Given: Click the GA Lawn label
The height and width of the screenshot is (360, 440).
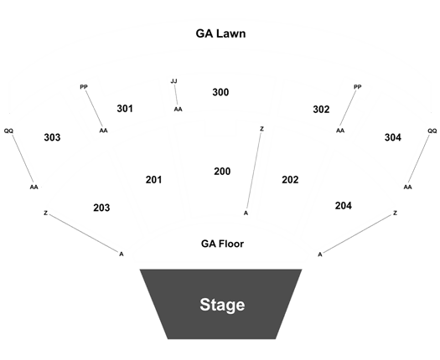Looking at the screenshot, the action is pyautogui.click(x=220, y=33).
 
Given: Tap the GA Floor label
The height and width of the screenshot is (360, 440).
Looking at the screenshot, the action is pyautogui.click(x=222, y=244).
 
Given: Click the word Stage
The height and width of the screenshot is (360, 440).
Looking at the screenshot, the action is pyautogui.click(x=222, y=305).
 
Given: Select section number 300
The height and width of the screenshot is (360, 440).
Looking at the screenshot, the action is pyautogui.click(x=220, y=92).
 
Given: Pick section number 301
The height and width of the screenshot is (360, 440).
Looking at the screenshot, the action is pyautogui.click(x=125, y=109).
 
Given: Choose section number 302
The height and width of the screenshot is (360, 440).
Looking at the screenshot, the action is pyautogui.click(x=321, y=110).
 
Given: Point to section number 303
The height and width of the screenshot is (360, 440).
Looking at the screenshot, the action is pyautogui.click(x=52, y=137).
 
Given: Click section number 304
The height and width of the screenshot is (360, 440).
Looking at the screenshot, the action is pyautogui.click(x=393, y=137).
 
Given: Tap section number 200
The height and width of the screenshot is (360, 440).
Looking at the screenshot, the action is pyautogui.click(x=222, y=172).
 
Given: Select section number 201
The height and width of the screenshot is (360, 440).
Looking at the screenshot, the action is pyautogui.click(x=153, y=180).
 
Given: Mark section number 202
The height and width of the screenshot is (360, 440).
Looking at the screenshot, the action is pyautogui.click(x=290, y=180).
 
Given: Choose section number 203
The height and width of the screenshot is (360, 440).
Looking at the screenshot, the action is pyautogui.click(x=101, y=208).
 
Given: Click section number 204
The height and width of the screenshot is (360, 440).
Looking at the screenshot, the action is pyautogui.click(x=344, y=206).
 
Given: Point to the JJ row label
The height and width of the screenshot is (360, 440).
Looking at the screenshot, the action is pyautogui.click(x=174, y=81).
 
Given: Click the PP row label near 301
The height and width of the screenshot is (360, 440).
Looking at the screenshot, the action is pyautogui.click(x=84, y=87).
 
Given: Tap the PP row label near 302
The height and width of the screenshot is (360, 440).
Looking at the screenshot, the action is pyautogui.click(x=358, y=87).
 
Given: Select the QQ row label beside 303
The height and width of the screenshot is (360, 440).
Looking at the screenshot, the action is pyautogui.click(x=8, y=131).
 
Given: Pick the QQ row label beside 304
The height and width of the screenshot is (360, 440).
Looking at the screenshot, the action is pyautogui.click(x=432, y=131).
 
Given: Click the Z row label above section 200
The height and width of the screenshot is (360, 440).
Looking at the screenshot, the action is pyautogui.click(x=261, y=129).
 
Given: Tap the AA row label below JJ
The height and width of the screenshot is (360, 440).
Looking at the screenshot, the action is pyautogui.click(x=179, y=110).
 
